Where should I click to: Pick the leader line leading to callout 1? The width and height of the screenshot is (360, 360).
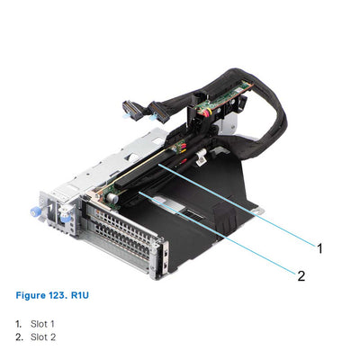[x=243, y=204]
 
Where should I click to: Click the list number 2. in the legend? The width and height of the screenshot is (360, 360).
[x=18, y=337]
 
